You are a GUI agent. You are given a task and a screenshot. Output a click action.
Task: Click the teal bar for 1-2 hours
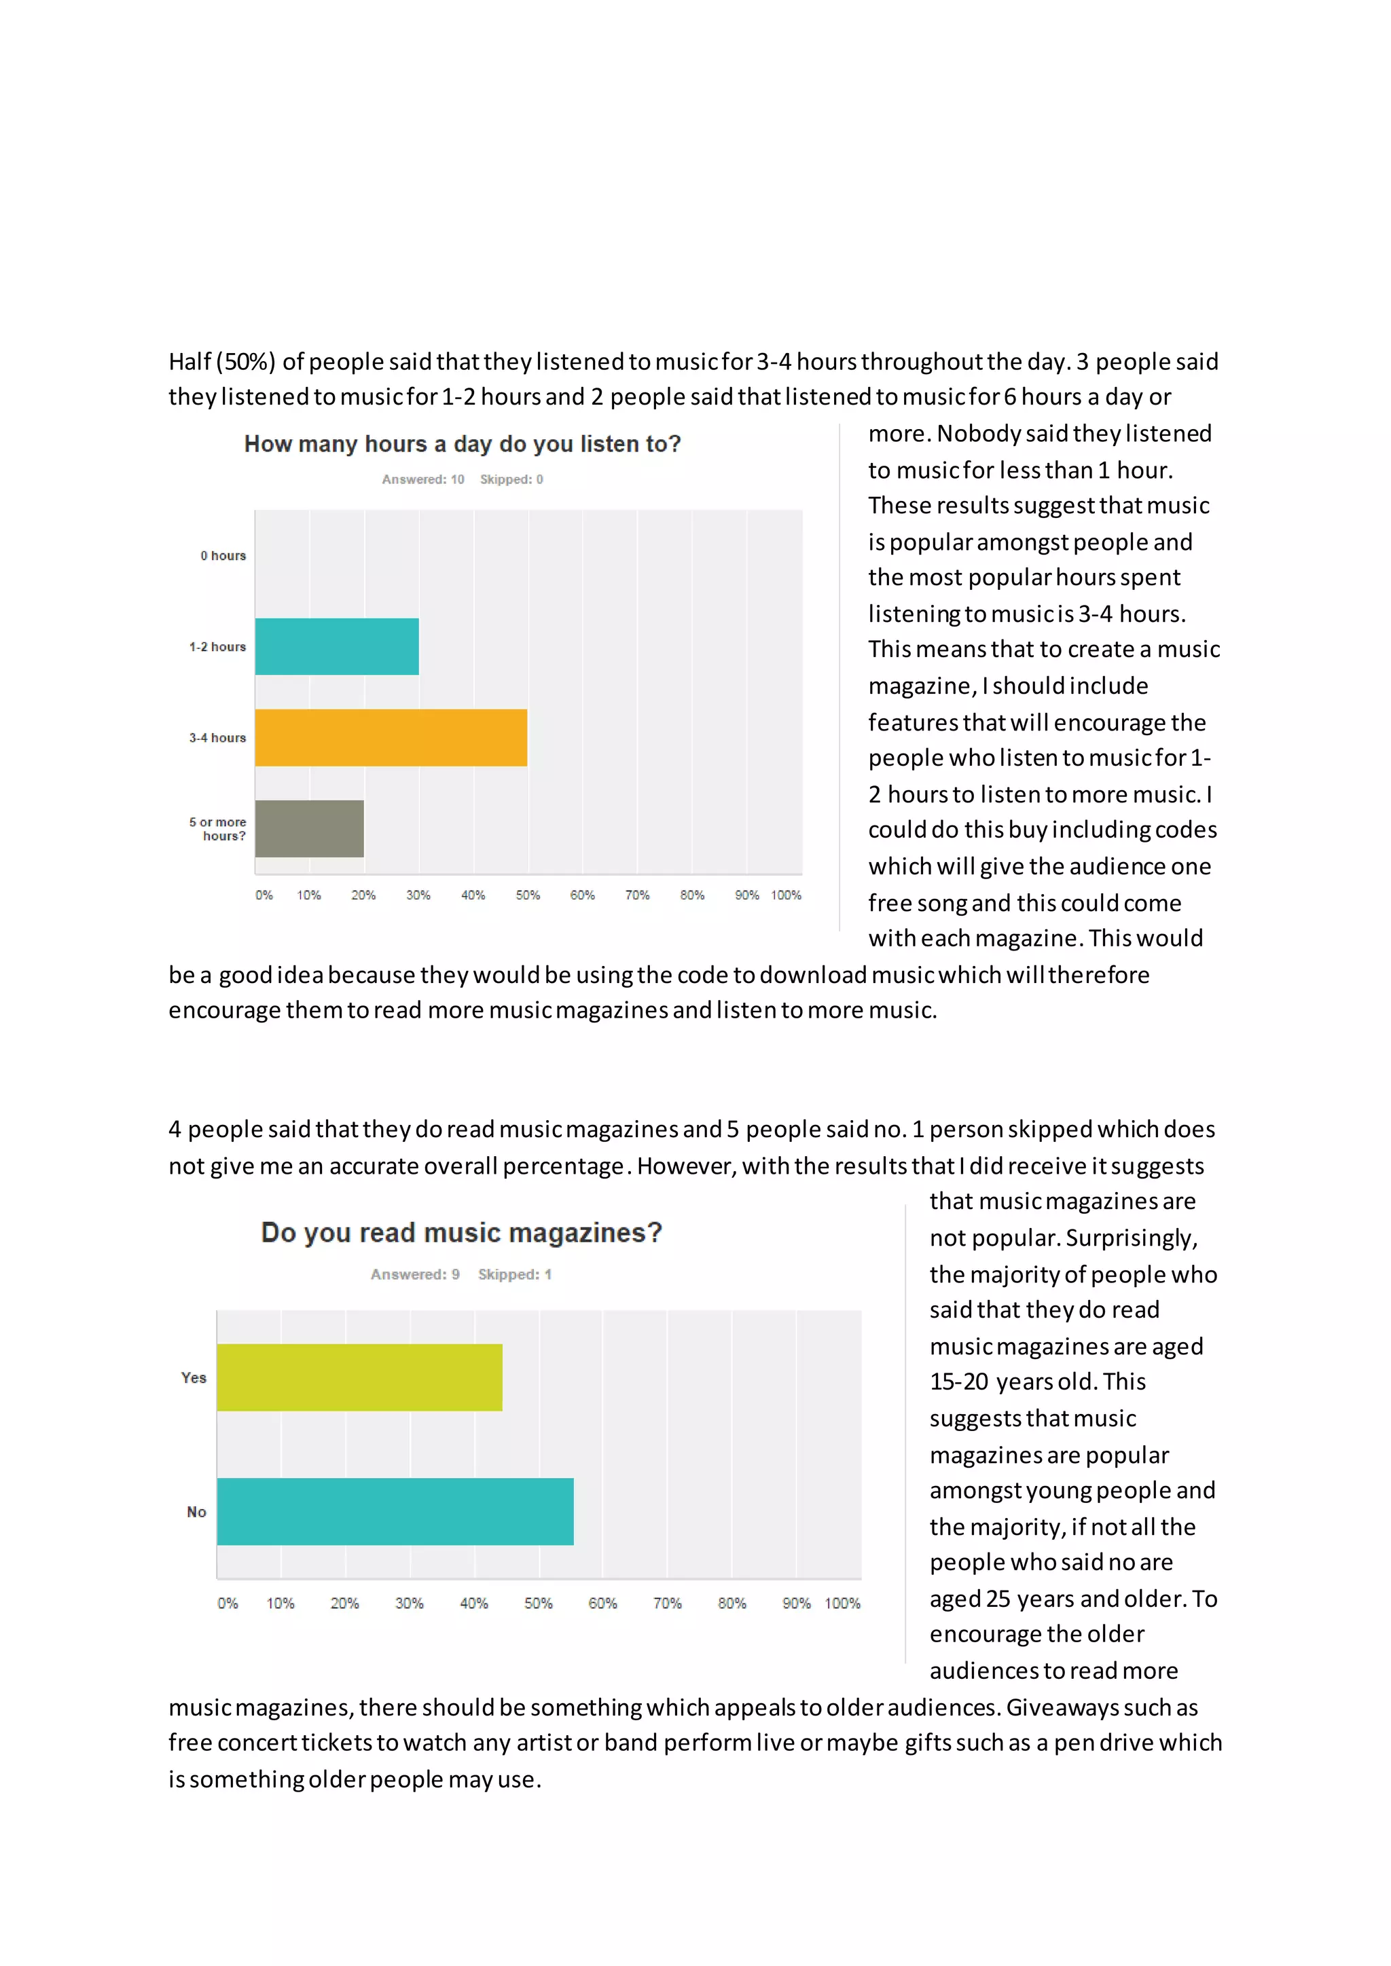337,646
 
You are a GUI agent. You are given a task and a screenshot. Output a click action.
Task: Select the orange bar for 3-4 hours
391,737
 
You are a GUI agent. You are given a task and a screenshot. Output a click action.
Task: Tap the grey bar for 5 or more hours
309,828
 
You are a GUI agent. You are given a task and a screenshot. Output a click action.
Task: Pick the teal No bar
395,1511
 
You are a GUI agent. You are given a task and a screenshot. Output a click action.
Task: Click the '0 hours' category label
223,556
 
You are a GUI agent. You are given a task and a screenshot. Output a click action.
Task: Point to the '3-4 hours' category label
217,737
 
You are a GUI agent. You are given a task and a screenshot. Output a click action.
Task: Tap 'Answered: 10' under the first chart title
423,479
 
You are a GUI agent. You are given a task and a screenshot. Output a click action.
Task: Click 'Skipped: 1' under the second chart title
515,1274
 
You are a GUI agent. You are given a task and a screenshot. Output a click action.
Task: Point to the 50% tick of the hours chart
528,895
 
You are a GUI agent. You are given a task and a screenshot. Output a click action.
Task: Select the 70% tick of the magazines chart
667,1603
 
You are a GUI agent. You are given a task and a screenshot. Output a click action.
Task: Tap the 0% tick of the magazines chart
228,1603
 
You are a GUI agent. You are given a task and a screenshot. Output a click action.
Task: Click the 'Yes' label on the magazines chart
194,1377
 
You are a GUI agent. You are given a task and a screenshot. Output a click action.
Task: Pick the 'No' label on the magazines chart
196,1512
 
